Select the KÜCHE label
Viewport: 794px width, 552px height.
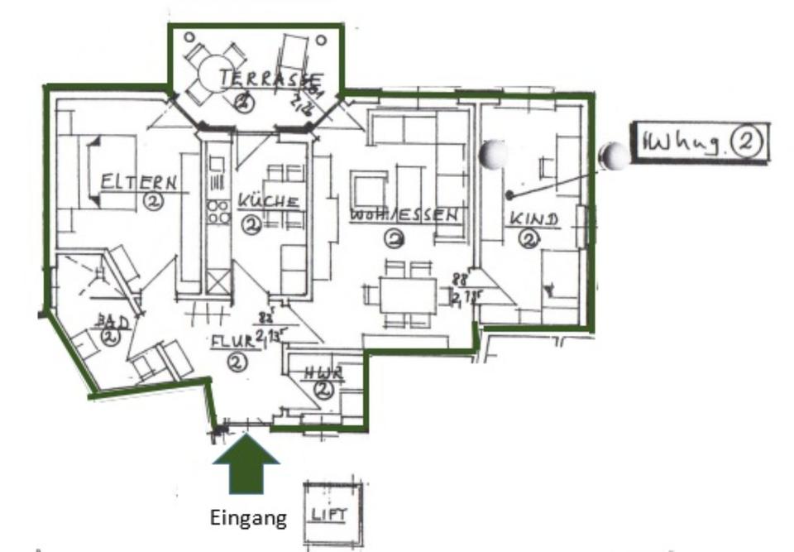click(x=267, y=201)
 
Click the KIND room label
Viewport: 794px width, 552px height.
click(x=533, y=219)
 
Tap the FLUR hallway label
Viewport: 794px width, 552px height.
click(x=232, y=341)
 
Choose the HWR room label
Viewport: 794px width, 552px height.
click(x=323, y=372)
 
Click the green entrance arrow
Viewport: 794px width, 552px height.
click(x=246, y=467)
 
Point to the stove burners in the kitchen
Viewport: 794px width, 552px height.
click(x=219, y=212)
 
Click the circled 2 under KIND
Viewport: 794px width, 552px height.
click(x=528, y=240)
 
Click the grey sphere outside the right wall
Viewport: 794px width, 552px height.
click(x=615, y=156)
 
